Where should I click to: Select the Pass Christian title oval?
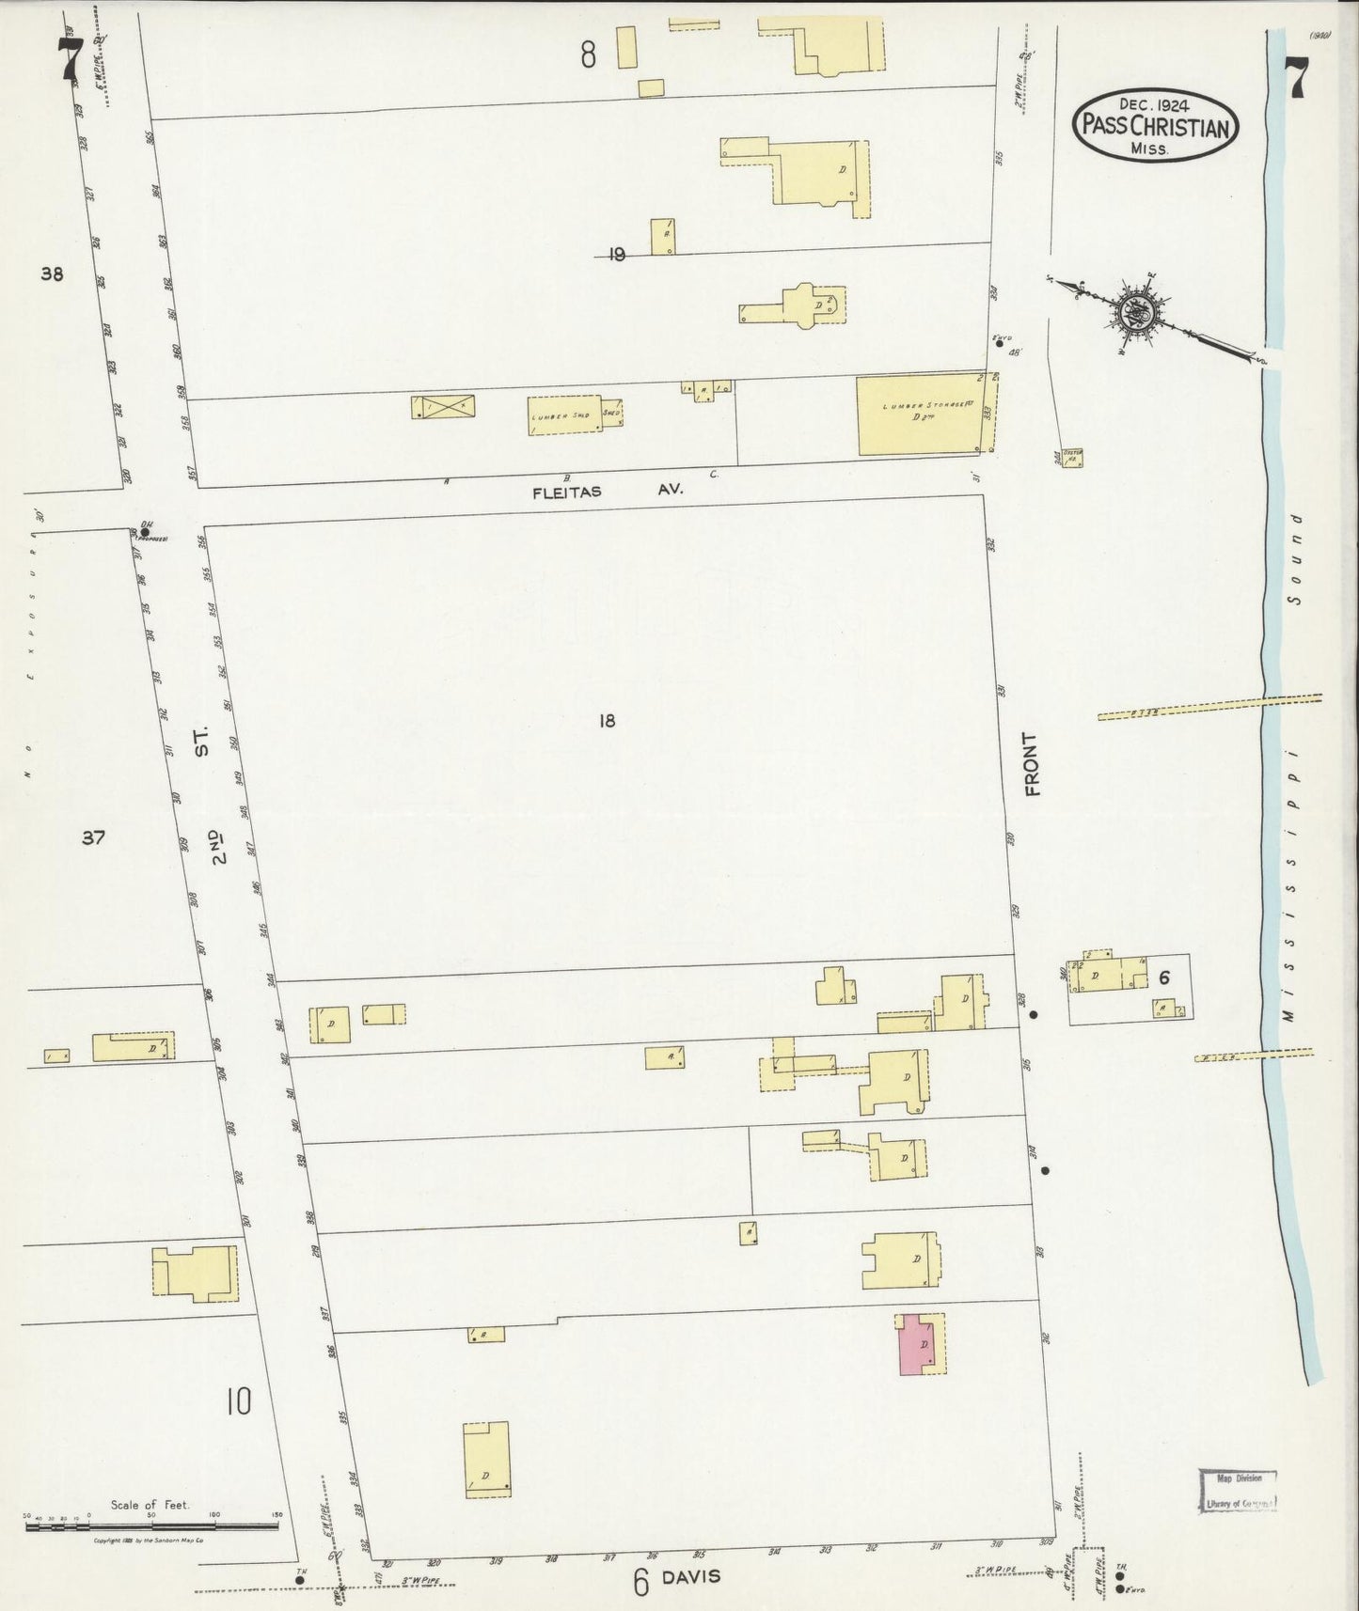[x=1156, y=126]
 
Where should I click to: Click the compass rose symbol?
[x=1142, y=314]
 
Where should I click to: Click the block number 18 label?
[x=607, y=721]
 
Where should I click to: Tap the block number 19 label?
[x=617, y=254]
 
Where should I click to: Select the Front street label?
[x=1032, y=764]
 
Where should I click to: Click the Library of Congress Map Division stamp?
[x=1240, y=1491]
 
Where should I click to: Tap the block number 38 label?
[x=52, y=274]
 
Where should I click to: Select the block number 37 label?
[x=92, y=837]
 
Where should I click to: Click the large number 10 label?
[x=238, y=1402]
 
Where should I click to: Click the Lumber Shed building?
[x=564, y=414]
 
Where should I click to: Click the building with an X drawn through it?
[x=443, y=407]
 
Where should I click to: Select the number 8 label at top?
[x=588, y=55]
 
